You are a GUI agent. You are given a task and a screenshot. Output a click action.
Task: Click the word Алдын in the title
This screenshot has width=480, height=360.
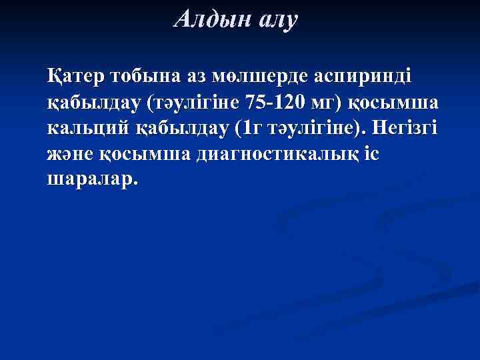point(207,19)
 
